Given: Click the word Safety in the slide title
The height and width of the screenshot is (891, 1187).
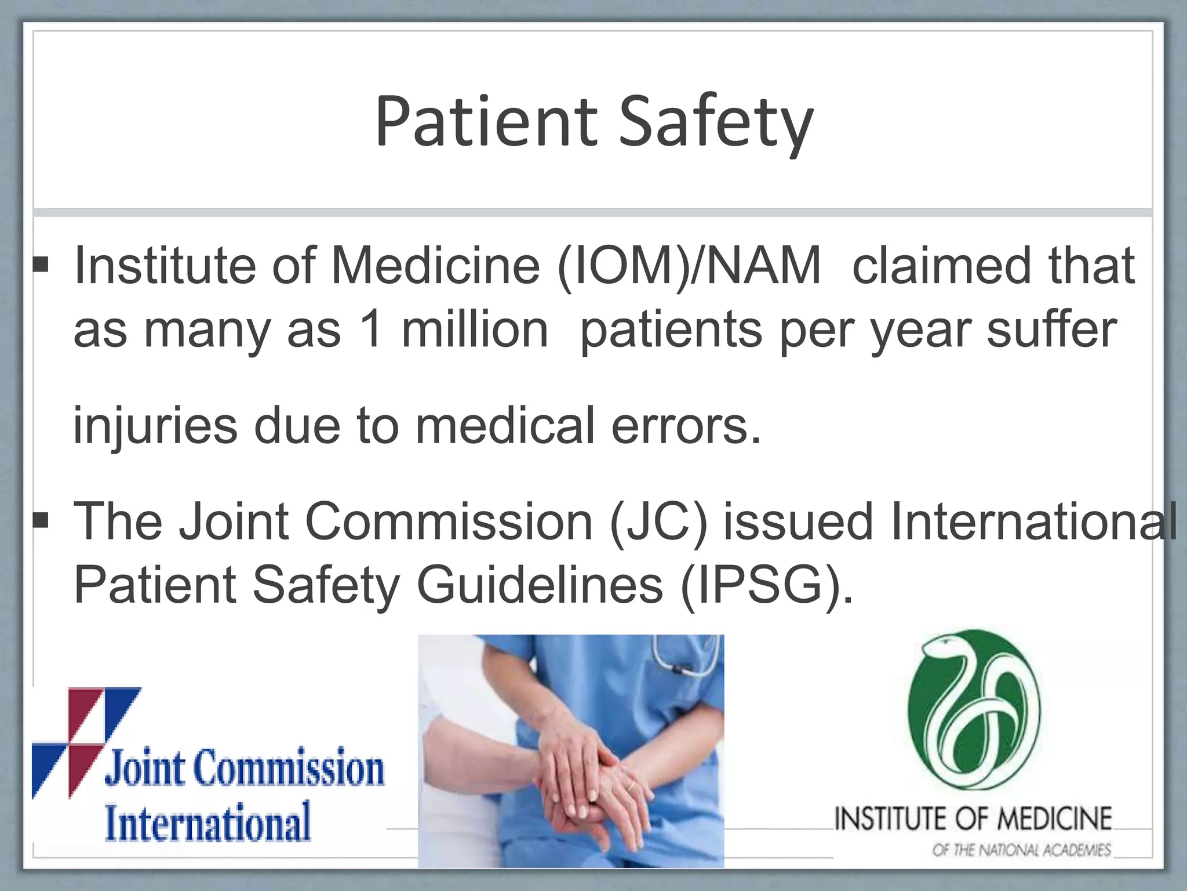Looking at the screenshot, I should [716, 123].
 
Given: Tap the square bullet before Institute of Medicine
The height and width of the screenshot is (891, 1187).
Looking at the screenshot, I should [41, 266].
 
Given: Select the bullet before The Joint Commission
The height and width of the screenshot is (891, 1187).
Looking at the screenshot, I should [41, 520].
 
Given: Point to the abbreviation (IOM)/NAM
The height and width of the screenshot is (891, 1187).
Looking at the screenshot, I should [689, 266].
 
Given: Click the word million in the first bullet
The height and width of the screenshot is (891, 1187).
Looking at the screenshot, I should [475, 329].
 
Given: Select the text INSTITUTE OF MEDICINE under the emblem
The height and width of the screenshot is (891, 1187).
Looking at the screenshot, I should [973, 818].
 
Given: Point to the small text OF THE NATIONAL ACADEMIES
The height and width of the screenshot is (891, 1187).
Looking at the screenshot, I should [1021, 850].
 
